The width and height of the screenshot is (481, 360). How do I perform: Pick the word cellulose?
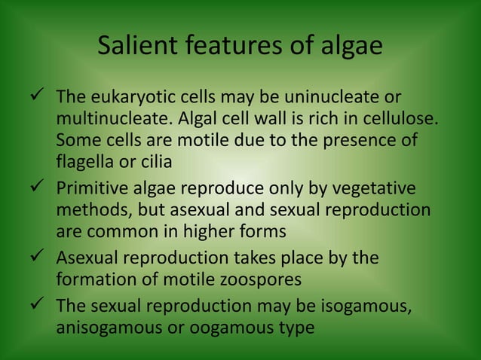click(x=398, y=120)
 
